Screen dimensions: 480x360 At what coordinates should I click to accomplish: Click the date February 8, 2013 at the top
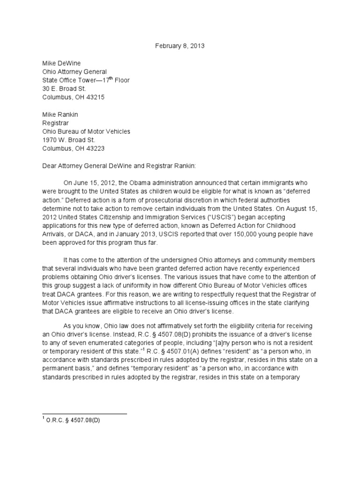tap(180, 46)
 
